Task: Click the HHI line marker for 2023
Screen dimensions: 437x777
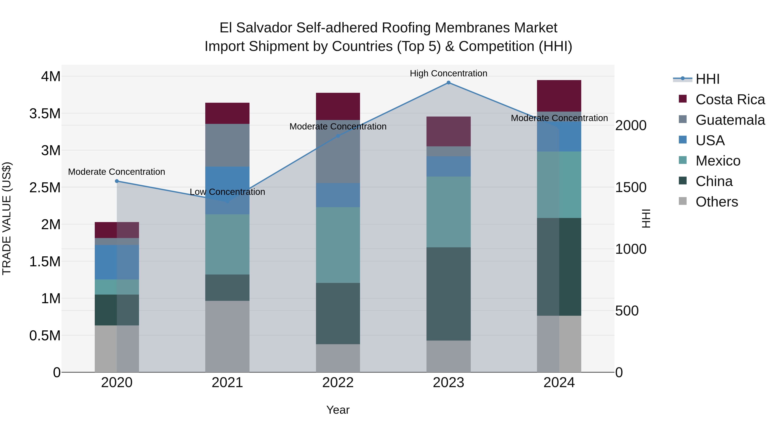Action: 448,83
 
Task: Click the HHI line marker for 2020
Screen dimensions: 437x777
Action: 117,181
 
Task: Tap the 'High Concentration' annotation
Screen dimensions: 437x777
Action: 448,73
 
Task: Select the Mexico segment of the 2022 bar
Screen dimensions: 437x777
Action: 338,245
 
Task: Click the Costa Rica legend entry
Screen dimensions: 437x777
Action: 730,99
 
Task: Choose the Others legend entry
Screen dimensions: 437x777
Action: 717,202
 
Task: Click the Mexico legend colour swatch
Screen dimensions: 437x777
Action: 683,160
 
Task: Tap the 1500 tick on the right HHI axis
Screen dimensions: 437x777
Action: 631,187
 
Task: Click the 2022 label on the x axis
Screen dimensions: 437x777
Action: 338,383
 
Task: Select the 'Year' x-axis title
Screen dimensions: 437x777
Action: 338,410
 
